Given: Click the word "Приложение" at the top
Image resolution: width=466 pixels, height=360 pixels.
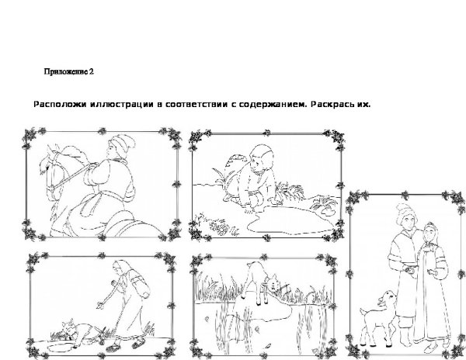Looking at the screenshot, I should click(x=64, y=72).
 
